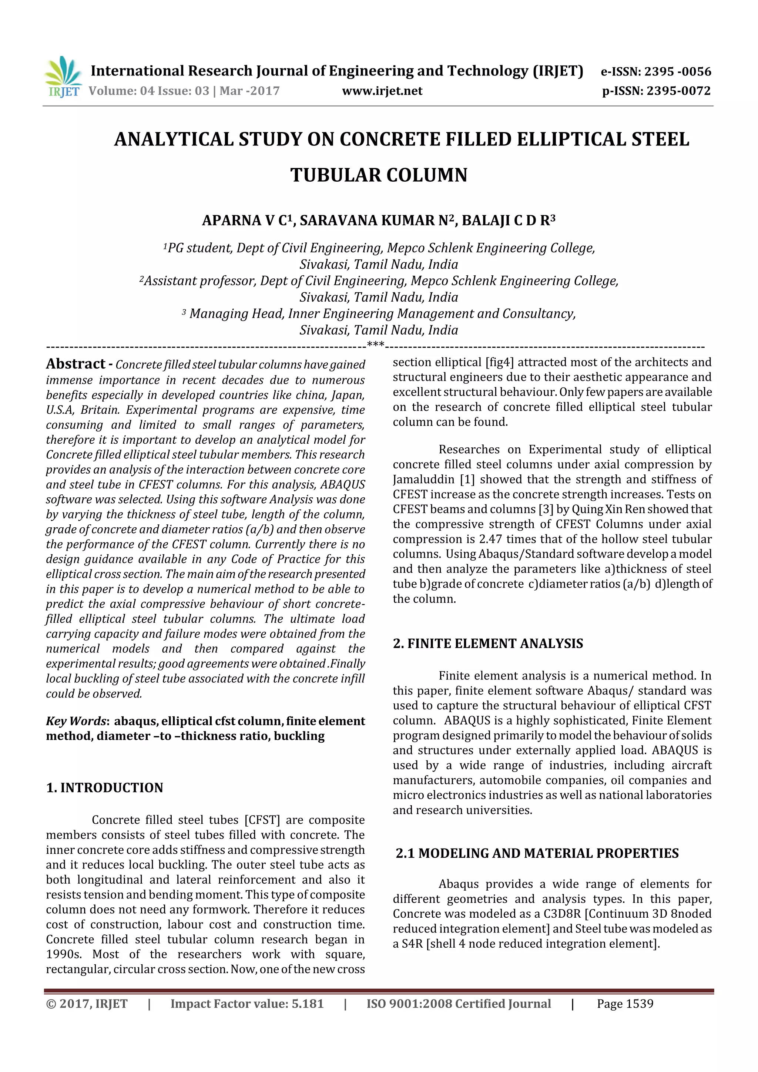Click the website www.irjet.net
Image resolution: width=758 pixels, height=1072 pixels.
(382, 91)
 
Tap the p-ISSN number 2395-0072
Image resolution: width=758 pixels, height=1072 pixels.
(678, 91)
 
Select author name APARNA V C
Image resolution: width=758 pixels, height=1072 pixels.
(246, 221)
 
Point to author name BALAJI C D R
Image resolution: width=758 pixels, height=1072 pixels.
(507, 221)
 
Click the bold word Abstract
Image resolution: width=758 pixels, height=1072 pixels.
(76, 364)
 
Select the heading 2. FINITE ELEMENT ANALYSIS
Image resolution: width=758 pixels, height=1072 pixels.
(488, 643)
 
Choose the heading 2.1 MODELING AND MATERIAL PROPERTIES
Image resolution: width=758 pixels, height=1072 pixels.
(537, 853)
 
